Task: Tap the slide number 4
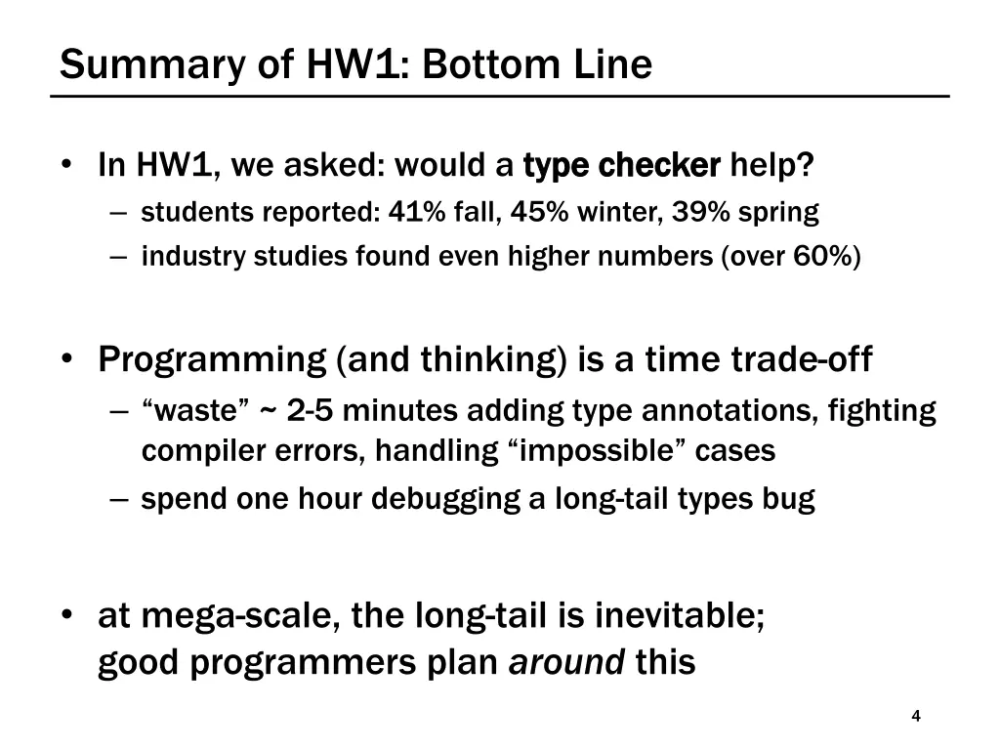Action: point(915,717)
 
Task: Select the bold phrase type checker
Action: point(622,165)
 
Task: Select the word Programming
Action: point(212,360)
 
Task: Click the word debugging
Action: point(431,499)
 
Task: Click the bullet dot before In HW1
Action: point(66,165)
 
